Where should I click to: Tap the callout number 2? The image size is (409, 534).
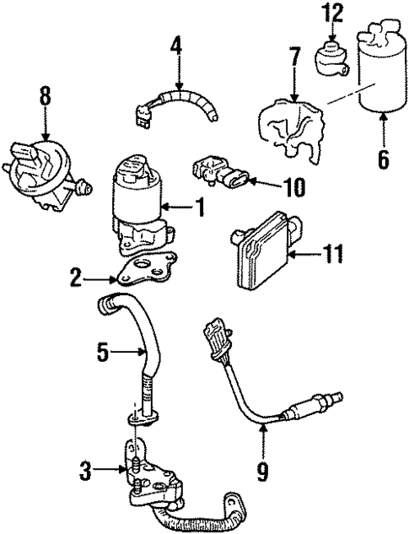tap(75, 276)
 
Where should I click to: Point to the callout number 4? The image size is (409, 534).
tap(176, 45)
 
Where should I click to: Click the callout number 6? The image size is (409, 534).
tap(384, 159)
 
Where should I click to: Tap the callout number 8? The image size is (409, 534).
tap(46, 96)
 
